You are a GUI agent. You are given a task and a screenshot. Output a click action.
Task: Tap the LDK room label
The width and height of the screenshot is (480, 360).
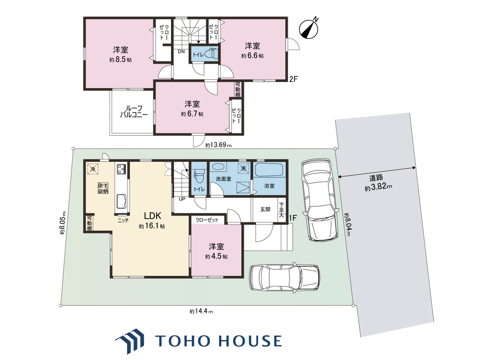152,216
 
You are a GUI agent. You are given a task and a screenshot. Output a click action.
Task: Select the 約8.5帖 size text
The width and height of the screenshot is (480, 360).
120,60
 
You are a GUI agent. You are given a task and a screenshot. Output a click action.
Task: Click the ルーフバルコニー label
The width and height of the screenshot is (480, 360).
134,112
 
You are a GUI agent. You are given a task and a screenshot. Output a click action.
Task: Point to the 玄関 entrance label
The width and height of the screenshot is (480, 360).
265,209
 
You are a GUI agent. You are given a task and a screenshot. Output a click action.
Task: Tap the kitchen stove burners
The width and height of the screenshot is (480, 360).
121,169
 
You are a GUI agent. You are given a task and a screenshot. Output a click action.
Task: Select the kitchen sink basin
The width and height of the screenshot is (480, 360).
121,201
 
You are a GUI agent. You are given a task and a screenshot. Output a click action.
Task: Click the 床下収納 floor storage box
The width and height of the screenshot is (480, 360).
103,188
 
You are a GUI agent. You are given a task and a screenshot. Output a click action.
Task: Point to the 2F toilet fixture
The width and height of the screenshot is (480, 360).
212,53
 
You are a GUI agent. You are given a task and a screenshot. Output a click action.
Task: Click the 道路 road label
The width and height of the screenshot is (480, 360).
376,178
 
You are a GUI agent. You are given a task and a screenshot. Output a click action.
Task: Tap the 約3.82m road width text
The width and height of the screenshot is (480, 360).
378,187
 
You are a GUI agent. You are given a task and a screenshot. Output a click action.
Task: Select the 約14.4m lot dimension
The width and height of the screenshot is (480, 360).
201,311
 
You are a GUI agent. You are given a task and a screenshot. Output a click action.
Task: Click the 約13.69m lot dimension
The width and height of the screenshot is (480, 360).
218,145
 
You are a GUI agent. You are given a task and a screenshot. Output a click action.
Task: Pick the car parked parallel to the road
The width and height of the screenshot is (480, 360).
320,200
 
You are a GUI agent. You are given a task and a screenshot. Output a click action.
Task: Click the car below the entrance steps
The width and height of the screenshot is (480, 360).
285,278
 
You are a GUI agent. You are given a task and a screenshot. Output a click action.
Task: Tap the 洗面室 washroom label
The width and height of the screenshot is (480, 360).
224,179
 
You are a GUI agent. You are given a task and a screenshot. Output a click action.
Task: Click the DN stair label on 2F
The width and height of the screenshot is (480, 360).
181,52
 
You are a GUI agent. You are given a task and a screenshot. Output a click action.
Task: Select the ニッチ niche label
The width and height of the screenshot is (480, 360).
123,220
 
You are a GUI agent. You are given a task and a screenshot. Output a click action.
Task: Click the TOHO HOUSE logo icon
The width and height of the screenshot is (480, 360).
130,341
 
